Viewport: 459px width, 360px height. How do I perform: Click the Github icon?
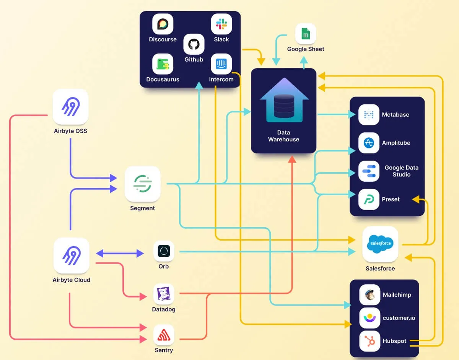[194, 44]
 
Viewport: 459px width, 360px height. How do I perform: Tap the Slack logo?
[221, 24]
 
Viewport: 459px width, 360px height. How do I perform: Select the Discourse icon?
[163, 24]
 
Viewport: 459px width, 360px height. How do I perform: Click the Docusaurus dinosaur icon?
[163, 64]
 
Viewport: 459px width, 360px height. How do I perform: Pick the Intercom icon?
[221, 64]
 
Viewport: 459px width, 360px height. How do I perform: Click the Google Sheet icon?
[306, 34]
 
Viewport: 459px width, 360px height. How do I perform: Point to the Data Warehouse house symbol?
[283, 100]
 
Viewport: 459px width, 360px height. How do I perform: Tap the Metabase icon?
[369, 114]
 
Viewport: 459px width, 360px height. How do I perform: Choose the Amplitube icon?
[369, 143]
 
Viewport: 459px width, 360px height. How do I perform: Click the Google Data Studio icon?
[369, 171]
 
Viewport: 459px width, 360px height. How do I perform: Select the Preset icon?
[369, 199]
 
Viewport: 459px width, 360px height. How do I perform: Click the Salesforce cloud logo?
[380, 244]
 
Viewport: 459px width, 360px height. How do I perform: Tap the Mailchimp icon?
[369, 295]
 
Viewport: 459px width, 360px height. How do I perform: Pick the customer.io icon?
[369, 318]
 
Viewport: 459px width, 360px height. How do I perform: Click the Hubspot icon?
[369, 341]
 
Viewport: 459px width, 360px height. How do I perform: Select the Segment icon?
[142, 184]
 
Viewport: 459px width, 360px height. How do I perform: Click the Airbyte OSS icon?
[70, 107]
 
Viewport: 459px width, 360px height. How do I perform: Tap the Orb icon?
[164, 251]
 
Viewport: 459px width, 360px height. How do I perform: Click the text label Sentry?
[164, 350]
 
